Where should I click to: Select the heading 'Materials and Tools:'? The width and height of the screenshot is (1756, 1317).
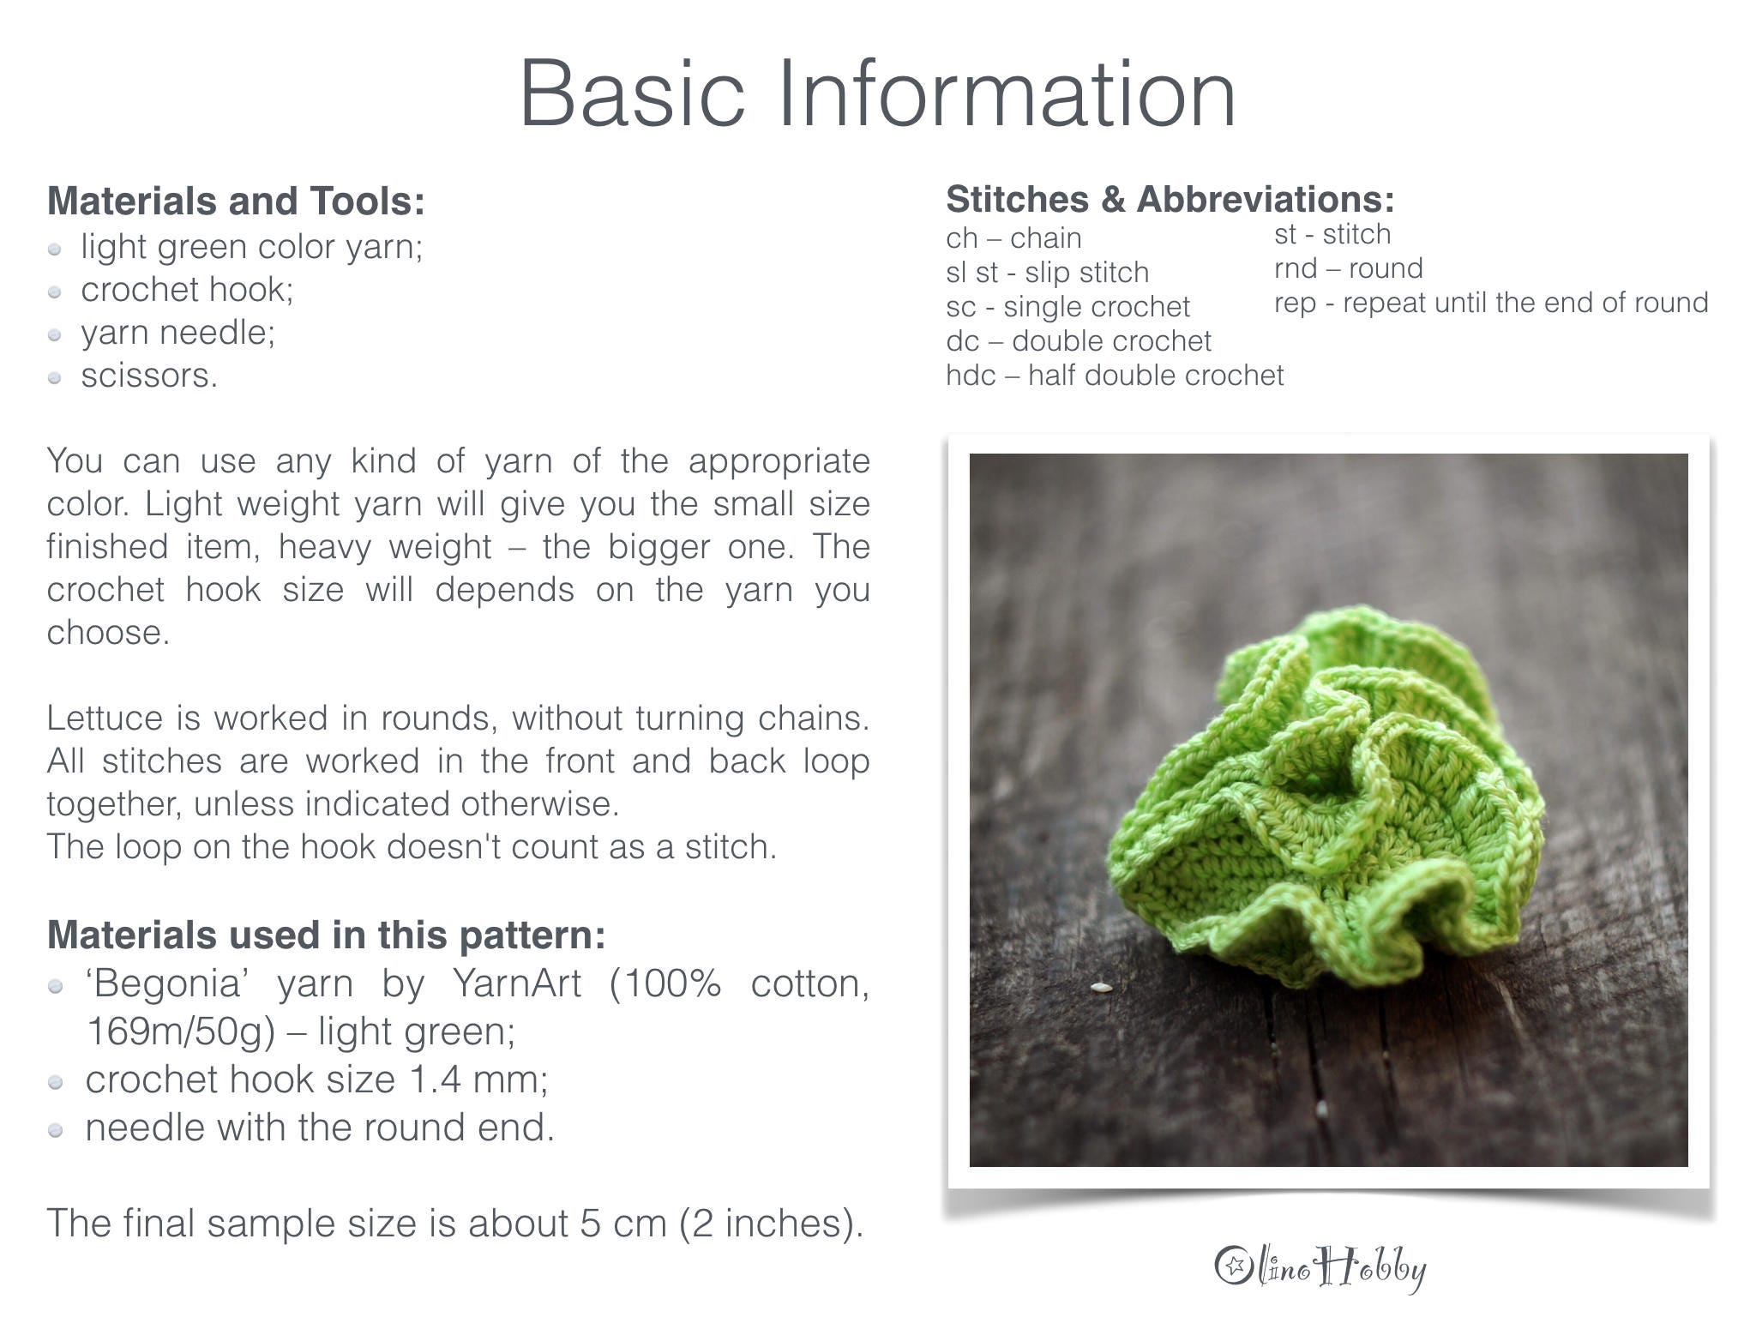click(x=236, y=201)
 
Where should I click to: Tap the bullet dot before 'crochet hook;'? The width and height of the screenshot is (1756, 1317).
click(x=55, y=292)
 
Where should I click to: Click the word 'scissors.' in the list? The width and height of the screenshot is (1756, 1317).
click(x=149, y=376)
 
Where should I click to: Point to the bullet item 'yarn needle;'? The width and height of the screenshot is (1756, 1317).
click(x=177, y=333)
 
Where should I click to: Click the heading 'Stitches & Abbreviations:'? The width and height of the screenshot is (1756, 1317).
click(x=1170, y=200)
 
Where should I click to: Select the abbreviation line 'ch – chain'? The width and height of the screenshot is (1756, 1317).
click(x=1013, y=238)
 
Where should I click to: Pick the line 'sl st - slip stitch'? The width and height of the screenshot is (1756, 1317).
click(x=1046, y=273)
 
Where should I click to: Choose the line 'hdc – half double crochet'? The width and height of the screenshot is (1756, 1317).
click(x=1114, y=376)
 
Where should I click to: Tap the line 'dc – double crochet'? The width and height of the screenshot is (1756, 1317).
click(x=1078, y=341)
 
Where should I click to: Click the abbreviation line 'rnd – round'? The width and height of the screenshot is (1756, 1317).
click(x=1348, y=268)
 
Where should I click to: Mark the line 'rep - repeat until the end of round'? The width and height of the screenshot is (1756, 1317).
click(x=1490, y=303)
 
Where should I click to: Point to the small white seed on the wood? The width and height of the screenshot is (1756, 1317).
click(x=1100, y=988)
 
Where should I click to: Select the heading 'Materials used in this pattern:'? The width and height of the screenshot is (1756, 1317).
click(x=326, y=935)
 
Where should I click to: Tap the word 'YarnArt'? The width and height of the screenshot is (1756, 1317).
click(x=516, y=983)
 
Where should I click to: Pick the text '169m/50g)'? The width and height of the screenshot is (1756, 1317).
click(x=181, y=1031)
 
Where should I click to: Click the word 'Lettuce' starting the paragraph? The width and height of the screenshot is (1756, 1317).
click(x=104, y=719)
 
